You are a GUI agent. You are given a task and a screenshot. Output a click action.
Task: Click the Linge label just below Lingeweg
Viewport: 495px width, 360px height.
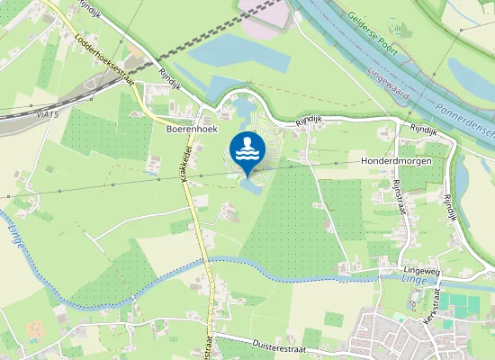tap(392, 279)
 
